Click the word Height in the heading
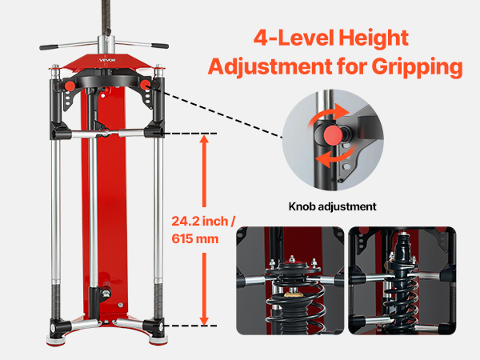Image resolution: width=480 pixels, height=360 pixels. point(374,38)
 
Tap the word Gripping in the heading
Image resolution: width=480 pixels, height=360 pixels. point(418,67)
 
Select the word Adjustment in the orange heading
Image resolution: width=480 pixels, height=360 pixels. point(270,66)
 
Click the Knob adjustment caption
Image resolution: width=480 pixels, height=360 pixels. point(333,206)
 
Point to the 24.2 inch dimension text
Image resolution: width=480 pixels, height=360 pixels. point(203,221)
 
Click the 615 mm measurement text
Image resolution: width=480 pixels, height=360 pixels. point(195,238)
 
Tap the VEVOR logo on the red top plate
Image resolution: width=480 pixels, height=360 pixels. point(107,60)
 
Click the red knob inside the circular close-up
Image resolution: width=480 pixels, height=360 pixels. point(333,135)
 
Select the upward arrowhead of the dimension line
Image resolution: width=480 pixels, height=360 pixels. point(204,139)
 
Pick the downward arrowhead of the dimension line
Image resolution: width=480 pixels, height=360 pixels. point(204,321)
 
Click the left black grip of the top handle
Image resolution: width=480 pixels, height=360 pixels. point(49,47)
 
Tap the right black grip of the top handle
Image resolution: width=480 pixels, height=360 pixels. point(159,46)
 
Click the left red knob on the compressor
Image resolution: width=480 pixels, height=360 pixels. point(70,85)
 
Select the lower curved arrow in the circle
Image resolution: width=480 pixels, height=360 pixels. point(335,157)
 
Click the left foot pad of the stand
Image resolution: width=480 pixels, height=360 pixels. point(56,340)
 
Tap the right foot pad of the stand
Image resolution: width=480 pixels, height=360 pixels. point(158,339)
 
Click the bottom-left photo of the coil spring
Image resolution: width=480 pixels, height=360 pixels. point(290,281)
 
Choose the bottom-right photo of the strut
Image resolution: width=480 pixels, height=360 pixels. point(402,281)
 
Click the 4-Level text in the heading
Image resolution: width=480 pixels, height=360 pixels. point(294,38)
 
